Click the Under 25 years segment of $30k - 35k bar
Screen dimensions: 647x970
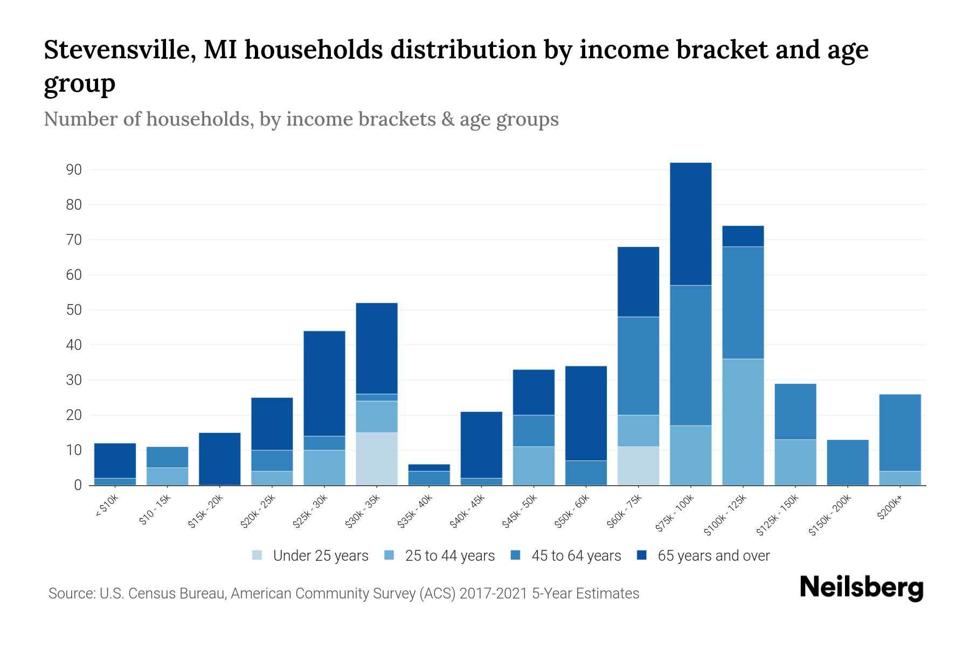point(377,459)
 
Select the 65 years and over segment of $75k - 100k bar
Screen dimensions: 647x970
point(691,224)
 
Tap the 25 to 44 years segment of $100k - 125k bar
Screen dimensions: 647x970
point(743,422)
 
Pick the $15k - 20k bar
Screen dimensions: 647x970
point(220,459)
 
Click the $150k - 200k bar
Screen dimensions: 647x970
point(848,463)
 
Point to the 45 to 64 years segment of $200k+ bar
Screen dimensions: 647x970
point(900,433)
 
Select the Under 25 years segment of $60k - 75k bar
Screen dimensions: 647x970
point(639,466)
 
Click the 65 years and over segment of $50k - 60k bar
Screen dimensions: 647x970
point(586,414)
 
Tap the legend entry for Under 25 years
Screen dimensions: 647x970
point(310,556)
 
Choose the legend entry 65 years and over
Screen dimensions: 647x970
point(703,556)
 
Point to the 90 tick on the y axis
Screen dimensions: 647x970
point(74,170)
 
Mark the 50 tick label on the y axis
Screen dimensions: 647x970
point(74,310)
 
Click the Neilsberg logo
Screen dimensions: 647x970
point(862,588)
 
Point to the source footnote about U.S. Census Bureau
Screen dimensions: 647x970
point(344,594)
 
